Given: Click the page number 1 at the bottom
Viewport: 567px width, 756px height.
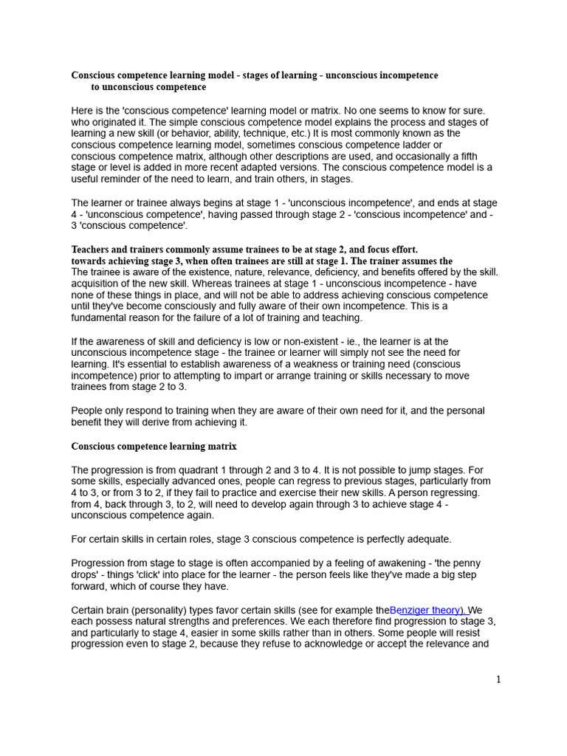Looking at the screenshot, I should tap(498, 679).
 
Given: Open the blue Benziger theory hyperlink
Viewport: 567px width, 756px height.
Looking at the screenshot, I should tap(428, 610).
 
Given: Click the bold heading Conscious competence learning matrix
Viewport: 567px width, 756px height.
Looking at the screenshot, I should tap(154, 447).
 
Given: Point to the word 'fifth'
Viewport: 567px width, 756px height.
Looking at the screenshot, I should tap(479, 156).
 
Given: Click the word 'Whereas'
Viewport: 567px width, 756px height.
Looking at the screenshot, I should tap(238, 283).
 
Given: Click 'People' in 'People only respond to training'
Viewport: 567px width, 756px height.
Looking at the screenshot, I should tap(88, 410).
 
